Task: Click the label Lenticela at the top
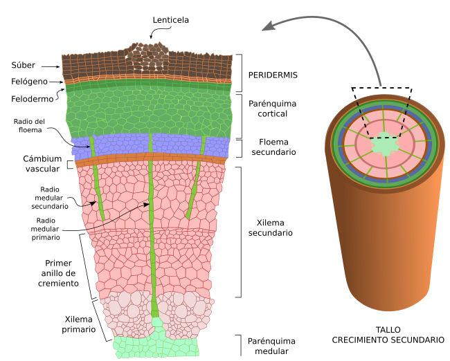point(170,19)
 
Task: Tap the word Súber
point(23,66)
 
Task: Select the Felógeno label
point(28,82)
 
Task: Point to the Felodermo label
point(31,99)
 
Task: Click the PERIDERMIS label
point(273,74)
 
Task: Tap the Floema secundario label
point(272,147)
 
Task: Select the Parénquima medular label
point(271,346)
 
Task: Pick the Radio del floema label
point(29,125)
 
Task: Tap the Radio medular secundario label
point(54,197)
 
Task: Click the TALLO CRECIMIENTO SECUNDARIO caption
point(388,335)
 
